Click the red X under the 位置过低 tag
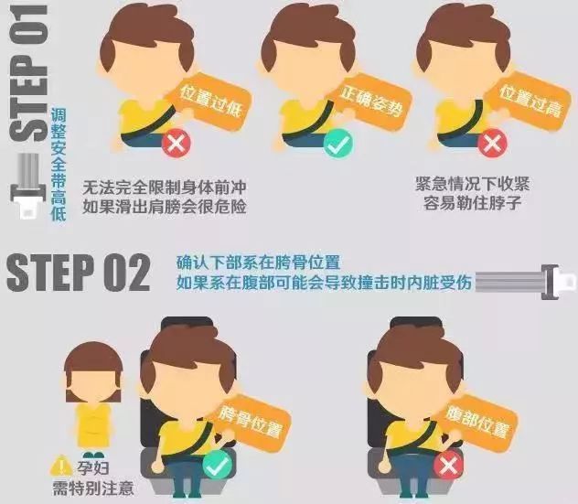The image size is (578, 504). (x=175, y=145)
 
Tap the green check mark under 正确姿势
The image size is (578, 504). (x=339, y=144)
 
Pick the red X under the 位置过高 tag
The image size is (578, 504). (x=493, y=143)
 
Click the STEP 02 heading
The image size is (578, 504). (x=78, y=272)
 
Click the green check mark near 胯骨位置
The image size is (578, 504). (x=217, y=467)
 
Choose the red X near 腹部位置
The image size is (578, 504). (x=449, y=467)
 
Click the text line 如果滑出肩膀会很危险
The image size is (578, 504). (x=165, y=205)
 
